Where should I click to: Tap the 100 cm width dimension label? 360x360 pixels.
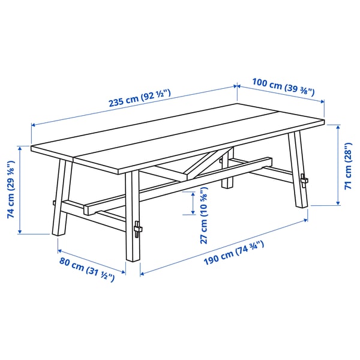coord(283,88)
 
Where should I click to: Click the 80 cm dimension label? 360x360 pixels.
coord(86,269)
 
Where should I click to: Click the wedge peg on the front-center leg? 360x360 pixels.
coord(139,230)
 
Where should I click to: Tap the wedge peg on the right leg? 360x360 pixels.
coord(304,179)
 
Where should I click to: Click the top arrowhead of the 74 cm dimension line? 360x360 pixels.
coord(21,148)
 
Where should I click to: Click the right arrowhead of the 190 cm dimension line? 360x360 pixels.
coord(307,220)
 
